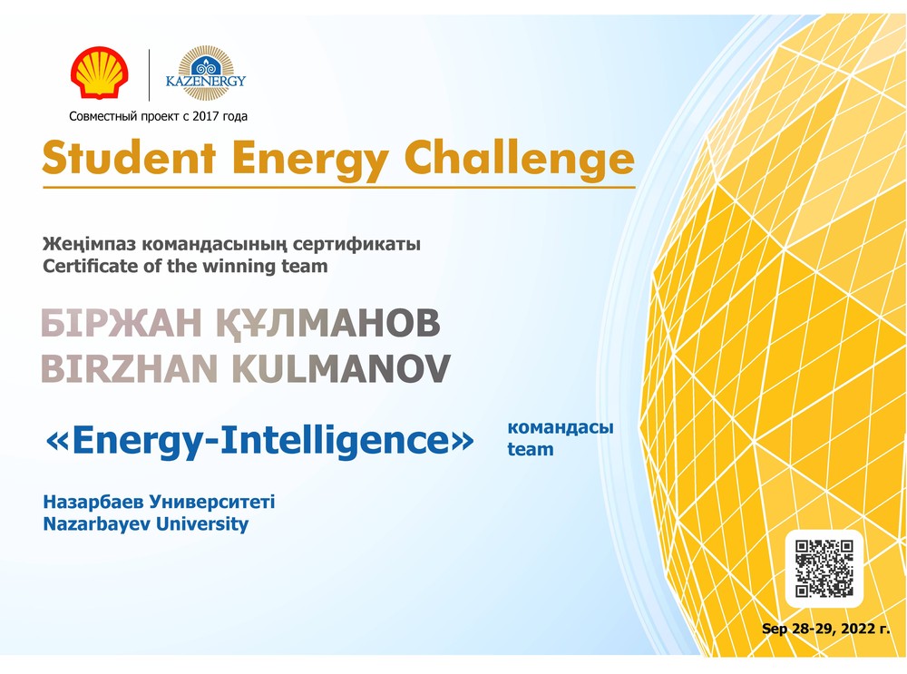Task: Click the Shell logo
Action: (x=100, y=73)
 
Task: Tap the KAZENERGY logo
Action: (x=205, y=73)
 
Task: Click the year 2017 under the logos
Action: (x=205, y=116)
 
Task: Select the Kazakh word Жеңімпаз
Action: (x=90, y=244)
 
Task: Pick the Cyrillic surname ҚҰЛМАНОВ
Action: (x=328, y=324)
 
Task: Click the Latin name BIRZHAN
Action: (x=130, y=369)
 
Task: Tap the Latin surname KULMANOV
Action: (x=341, y=369)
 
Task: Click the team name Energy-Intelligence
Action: (x=259, y=440)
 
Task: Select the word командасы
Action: (x=561, y=427)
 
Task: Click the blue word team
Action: (x=531, y=449)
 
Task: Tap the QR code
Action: (x=824, y=568)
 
